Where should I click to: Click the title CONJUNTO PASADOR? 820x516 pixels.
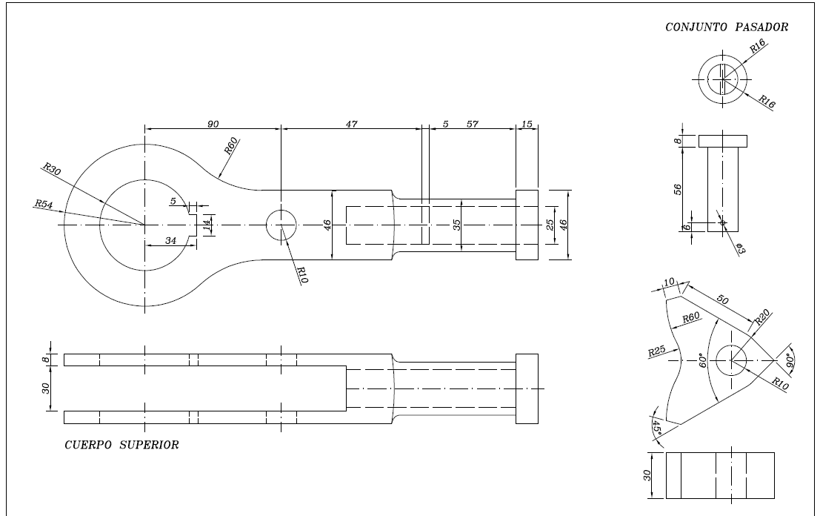727,27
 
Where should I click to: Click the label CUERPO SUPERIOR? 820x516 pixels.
121,446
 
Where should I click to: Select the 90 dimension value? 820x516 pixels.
213,124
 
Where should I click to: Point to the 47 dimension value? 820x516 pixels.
351,124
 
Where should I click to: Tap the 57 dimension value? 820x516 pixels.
472,124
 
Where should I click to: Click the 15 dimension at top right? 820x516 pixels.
527,124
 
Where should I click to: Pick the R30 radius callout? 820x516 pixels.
52,169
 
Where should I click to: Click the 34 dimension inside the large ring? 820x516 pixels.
170,239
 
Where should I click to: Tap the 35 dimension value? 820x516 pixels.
457,224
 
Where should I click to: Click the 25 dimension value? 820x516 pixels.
550,225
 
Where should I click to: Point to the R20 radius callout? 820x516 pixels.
764,317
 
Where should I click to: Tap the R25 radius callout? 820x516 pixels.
657,351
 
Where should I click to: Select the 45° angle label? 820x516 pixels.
657,429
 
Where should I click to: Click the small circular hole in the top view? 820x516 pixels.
281,225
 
